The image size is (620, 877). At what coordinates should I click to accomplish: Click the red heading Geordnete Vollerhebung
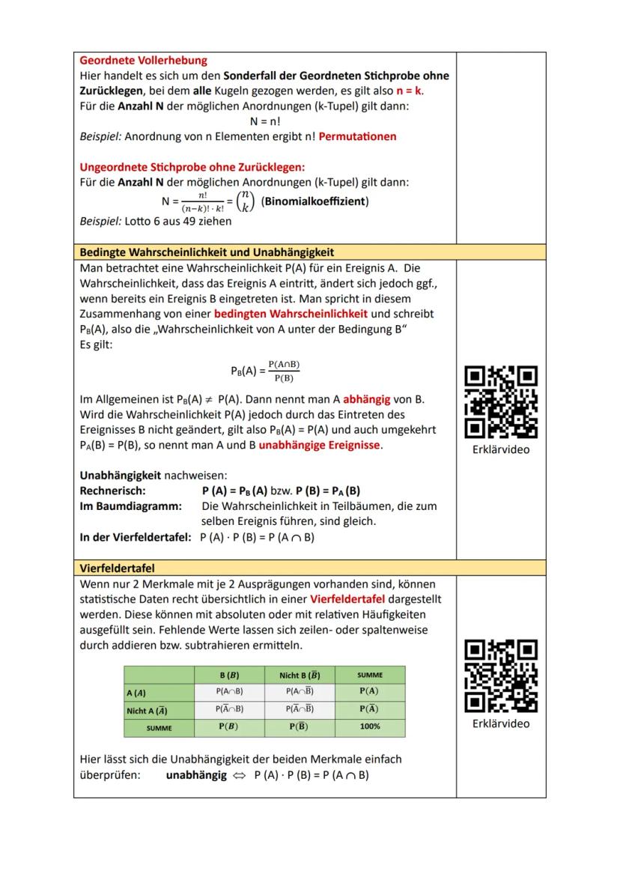click(x=143, y=60)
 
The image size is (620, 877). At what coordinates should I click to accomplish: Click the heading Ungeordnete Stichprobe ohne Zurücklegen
click(x=192, y=166)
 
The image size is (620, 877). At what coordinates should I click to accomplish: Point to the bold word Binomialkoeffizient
click(x=314, y=201)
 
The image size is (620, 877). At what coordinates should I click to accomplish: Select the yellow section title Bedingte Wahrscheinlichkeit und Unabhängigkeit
click(x=207, y=252)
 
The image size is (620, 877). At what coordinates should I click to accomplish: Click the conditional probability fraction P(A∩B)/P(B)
click(x=284, y=371)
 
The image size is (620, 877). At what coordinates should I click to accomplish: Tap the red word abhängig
click(x=371, y=398)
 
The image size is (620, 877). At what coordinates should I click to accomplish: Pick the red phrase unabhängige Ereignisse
click(x=320, y=445)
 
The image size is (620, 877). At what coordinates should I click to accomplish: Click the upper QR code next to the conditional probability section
click(x=501, y=401)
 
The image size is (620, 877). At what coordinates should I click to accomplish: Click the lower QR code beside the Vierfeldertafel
click(x=501, y=675)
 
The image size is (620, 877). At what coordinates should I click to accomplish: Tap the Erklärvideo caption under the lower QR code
click(x=501, y=723)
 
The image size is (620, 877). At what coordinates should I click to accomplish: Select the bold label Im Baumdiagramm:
click(x=130, y=506)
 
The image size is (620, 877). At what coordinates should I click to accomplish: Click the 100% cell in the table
click(x=369, y=726)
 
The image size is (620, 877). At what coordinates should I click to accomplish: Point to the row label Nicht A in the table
click(x=147, y=710)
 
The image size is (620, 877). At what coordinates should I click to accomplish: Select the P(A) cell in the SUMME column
click(x=369, y=691)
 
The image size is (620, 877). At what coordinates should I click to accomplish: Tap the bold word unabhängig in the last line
click(x=196, y=775)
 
